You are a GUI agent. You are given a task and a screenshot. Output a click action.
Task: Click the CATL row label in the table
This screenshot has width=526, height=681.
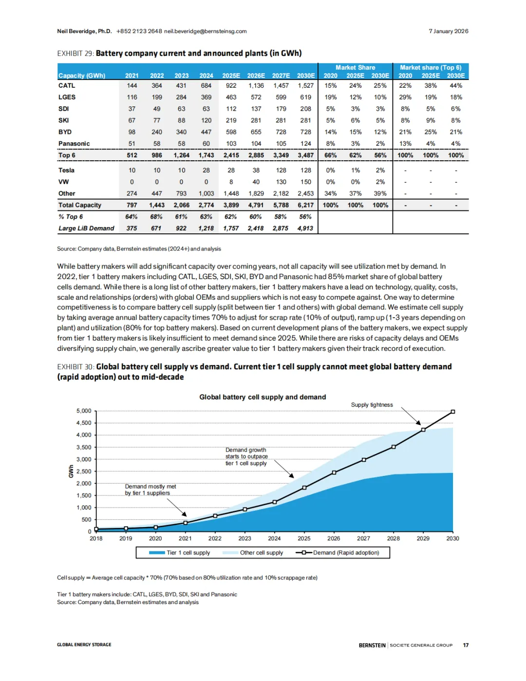click(67, 86)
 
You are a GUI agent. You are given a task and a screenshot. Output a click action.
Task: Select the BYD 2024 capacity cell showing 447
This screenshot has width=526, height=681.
click(206, 132)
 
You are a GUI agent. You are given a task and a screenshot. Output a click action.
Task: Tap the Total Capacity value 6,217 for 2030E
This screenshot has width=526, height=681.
click(305, 206)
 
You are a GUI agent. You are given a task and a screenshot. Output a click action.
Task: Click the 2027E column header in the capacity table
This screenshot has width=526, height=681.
click(281, 76)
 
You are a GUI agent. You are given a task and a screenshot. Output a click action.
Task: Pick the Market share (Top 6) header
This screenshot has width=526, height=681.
click(431, 68)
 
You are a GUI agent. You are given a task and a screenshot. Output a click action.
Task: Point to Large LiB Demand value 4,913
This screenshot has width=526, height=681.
click(305, 228)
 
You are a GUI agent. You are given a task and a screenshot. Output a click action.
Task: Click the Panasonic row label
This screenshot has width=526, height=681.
click(74, 144)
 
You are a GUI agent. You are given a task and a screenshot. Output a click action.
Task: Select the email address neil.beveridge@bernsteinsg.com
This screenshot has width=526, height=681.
click(205, 31)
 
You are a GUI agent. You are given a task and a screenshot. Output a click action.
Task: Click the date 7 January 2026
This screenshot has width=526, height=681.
click(448, 31)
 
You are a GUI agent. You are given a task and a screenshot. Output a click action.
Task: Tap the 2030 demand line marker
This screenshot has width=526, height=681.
click(453, 412)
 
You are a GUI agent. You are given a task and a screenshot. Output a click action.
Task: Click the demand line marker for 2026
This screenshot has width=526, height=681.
click(334, 473)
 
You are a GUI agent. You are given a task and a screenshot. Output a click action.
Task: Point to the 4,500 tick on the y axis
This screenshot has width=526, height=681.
click(84, 423)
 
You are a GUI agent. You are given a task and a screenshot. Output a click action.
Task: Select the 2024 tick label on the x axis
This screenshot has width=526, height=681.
click(274, 538)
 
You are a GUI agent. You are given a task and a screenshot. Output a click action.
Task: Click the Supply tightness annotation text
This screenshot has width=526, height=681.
click(372, 405)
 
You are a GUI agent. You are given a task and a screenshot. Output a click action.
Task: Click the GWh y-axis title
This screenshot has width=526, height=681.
click(71, 471)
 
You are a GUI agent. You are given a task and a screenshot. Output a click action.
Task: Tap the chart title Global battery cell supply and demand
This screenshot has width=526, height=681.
click(263, 397)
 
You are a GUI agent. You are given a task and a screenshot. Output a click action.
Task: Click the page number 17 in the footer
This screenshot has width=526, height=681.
click(466, 645)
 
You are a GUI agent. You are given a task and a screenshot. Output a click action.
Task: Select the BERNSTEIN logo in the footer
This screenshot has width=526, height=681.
click(372, 645)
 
